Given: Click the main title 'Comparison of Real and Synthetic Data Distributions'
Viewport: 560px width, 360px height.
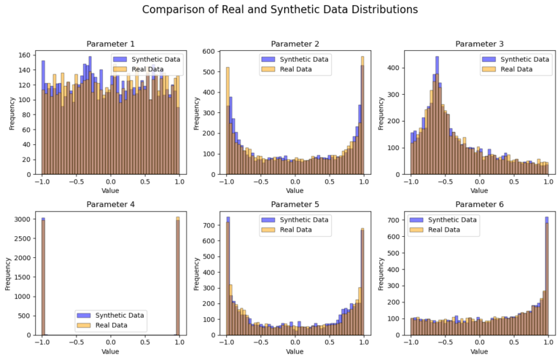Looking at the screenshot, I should (x=280, y=10).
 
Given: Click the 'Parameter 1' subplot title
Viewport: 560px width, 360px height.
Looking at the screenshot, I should (x=110, y=44).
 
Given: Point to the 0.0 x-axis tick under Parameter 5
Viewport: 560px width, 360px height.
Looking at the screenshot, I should (x=295, y=342).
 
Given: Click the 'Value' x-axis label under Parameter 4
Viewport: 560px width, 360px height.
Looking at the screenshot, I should (x=110, y=352).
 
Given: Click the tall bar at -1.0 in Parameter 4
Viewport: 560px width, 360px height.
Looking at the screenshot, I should (x=44, y=277).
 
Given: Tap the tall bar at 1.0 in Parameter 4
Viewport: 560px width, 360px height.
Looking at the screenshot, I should (x=177, y=277).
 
